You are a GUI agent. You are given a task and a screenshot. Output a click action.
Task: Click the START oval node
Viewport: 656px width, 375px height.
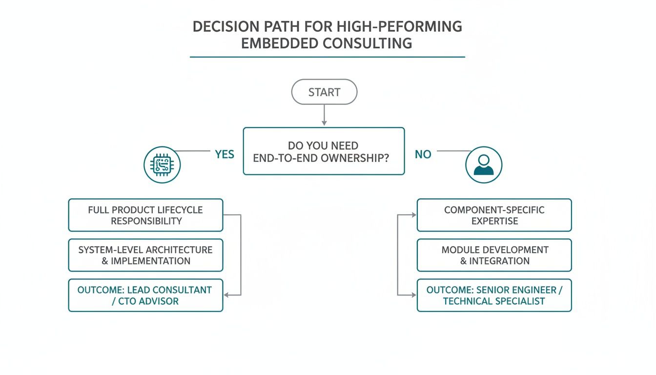(324, 92)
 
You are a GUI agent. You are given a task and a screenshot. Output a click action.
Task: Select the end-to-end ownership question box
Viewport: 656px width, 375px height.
(324, 151)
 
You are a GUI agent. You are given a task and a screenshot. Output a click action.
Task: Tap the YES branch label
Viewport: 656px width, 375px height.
(225, 154)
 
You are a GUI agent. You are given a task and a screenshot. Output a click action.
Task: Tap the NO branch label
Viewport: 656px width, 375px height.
(423, 154)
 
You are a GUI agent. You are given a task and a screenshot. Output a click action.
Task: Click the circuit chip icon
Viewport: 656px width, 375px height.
(162, 166)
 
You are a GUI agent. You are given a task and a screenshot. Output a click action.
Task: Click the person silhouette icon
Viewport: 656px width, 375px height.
(483, 165)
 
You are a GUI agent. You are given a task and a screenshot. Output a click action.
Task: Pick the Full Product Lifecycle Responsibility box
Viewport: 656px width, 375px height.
(145, 215)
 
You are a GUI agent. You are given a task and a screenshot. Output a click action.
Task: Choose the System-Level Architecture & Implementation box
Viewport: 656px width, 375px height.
(145, 255)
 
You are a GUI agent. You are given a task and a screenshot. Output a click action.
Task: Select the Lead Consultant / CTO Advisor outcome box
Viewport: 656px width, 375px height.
(145, 295)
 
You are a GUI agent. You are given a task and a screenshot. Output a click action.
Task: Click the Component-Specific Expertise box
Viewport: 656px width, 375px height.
(494, 215)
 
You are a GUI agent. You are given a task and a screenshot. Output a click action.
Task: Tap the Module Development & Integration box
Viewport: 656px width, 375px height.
(494, 255)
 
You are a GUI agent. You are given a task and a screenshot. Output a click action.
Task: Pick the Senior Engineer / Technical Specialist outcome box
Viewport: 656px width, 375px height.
(494, 295)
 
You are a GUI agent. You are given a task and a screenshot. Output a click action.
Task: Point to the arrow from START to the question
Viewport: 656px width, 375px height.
(324, 116)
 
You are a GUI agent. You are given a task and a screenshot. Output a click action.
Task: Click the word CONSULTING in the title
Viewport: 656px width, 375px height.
(367, 43)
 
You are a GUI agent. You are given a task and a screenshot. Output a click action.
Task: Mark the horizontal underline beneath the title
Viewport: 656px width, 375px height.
(327, 57)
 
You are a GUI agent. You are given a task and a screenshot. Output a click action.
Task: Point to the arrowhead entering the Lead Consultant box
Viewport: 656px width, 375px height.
(226, 295)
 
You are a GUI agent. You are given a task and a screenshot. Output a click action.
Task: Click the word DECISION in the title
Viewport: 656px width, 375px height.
(224, 26)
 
